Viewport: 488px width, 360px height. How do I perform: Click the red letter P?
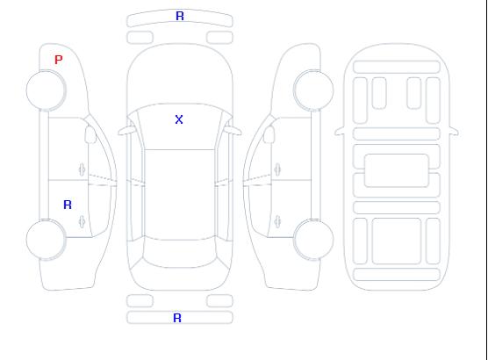(x=58, y=60)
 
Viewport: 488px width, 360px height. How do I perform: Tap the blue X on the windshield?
(x=179, y=119)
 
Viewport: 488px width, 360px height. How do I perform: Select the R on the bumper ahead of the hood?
(x=180, y=16)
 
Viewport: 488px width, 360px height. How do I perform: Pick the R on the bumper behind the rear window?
(x=177, y=318)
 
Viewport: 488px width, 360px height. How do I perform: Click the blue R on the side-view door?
(x=68, y=205)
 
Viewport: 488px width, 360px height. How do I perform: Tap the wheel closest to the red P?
(x=46, y=90)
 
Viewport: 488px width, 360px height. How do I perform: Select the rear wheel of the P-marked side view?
(x=46, y=240)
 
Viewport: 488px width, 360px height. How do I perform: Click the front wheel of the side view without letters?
(x=313, y=90)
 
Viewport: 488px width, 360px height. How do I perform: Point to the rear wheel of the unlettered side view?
(x=313, y=240)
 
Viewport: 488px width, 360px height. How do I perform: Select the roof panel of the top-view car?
(x=180, y=195)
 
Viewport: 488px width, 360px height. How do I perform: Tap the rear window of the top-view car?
(x=180, y=253)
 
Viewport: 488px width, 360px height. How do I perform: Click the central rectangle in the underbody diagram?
(x=397, y=170)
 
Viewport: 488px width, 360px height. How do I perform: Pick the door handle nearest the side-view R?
(x=82, y=221)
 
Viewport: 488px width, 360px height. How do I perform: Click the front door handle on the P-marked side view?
(x=82, y=169)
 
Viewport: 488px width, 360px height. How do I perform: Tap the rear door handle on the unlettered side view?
(x=277, y=221)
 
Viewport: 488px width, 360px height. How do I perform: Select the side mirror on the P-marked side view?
(x=90, y=134)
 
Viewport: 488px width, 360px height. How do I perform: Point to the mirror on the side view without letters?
(x=269, y=134)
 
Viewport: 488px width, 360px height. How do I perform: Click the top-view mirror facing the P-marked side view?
(x=126, y=131)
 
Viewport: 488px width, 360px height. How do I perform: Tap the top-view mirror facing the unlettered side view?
(x=233, y=131)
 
